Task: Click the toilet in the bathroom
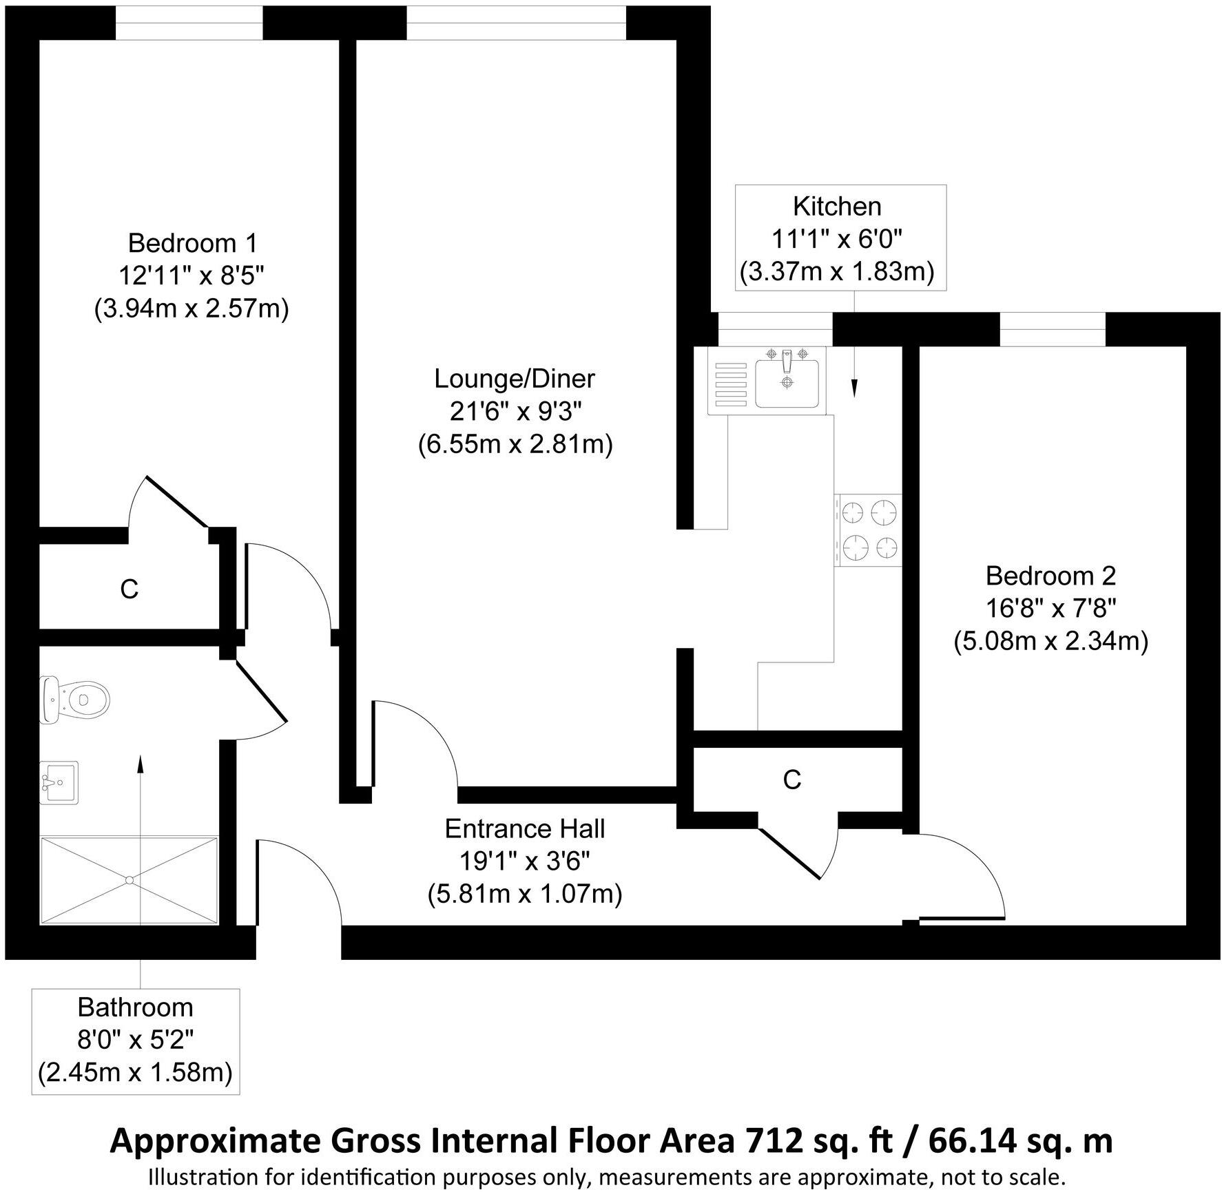(76, 700)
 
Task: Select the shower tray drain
(129, 879)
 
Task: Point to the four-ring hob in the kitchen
(868, 530)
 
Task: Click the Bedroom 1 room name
(192, 243)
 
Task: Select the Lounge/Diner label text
(515, 379)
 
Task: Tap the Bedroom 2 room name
(1050, 575)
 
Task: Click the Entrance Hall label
(525, 828)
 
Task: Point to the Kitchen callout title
(837, 207)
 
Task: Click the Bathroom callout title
(135, 1007)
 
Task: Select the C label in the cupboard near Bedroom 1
(129, 589)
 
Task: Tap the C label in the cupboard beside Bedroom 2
(792, 780)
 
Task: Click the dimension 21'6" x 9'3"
(515, 412)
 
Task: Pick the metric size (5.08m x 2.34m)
(1050, 642)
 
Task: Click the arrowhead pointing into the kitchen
(855, 389)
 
